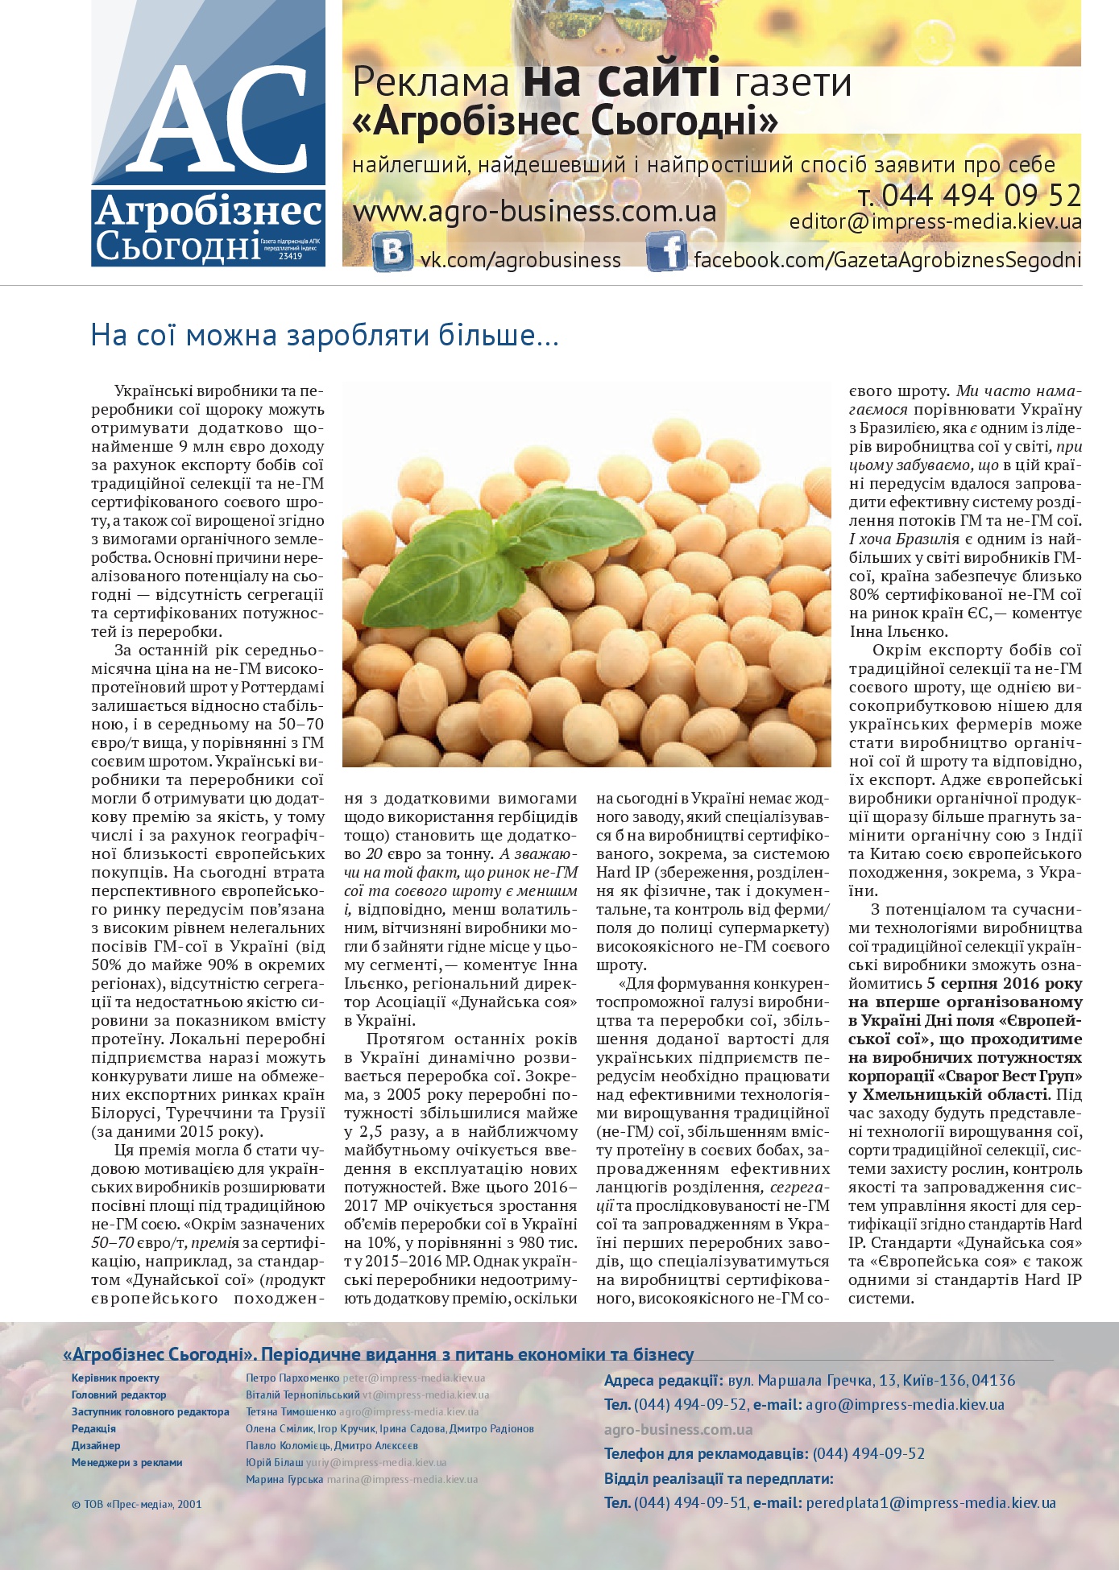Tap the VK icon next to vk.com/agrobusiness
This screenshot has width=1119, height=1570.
[x=392, y=251]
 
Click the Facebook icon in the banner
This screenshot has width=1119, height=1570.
[x=666, y=251]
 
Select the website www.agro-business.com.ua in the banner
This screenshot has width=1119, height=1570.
[x=534, y=212]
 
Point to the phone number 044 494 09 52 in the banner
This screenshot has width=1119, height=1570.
[x=980, y=196]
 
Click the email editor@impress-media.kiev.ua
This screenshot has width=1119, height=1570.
[x=935, y=222]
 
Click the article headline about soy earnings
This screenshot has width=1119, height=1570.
[x=325, y=335]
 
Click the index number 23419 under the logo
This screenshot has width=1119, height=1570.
[x=290, y=256]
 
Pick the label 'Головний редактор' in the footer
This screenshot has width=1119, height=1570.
[x=118, y=1394]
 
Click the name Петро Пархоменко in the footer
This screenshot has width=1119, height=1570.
[x=292, y=1378]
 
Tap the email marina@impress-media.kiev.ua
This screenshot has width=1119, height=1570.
[x=401, y=1479]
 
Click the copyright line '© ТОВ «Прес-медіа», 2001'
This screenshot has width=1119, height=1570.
[x=136, y=1503]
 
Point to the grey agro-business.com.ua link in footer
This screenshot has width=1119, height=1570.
[x=678, y=1429]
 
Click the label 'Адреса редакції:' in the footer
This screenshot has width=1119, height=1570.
[x=662, y=1380]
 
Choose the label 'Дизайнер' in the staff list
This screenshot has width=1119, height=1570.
[x=96, y=1445]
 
